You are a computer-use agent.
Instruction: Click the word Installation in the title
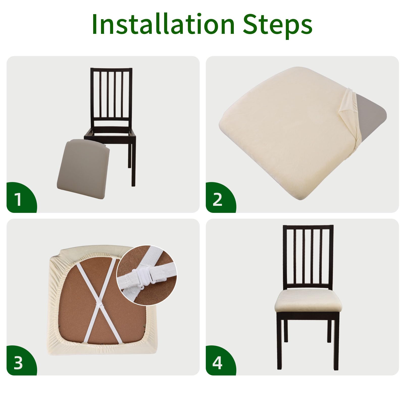163,24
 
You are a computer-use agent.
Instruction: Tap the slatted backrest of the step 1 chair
111,97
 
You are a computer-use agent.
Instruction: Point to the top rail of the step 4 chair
308,227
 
